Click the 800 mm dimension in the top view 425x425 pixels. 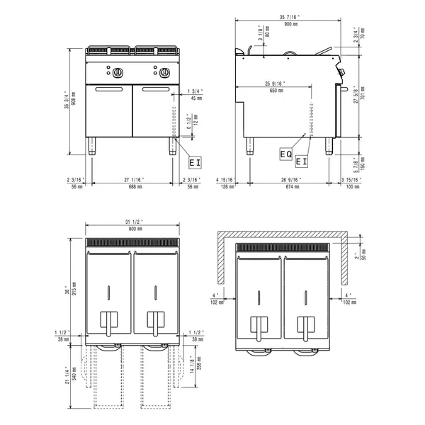click(134, 229)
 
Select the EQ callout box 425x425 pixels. click(285, 152)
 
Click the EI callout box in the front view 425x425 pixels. click(194, 161)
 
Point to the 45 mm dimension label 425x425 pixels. click(196, 98)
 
